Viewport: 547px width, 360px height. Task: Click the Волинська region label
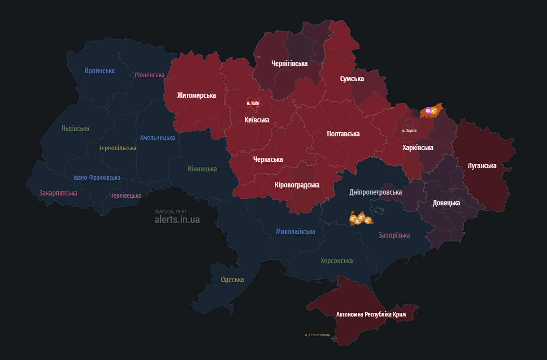(100, 70)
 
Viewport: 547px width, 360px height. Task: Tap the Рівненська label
(149, 75)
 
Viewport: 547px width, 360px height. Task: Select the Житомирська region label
(196, 95)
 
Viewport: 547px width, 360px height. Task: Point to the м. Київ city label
(253, 104)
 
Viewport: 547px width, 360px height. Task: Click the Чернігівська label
(289, 64)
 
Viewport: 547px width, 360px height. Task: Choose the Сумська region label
(352, 79)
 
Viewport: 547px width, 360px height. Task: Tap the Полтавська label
(343, 134)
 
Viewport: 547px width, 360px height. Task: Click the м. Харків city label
(409, 130)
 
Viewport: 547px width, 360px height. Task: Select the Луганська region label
(482, 166)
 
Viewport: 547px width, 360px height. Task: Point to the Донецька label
(446, 203)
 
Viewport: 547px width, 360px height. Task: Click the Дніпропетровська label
(376, 192)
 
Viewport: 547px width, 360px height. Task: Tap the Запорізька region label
(394, 235)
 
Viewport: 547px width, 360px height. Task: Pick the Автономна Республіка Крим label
(371, 314)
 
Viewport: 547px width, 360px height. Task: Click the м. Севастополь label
(317, 335)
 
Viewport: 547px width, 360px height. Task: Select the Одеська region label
(232, 280)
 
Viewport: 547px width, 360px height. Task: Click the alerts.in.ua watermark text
(177, 220)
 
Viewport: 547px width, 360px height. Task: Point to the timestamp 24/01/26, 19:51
(170, 212)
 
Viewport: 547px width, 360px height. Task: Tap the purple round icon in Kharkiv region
(428, 110)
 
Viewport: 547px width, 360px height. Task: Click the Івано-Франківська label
(97, 178)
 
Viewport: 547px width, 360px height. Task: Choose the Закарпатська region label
(58, 193)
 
